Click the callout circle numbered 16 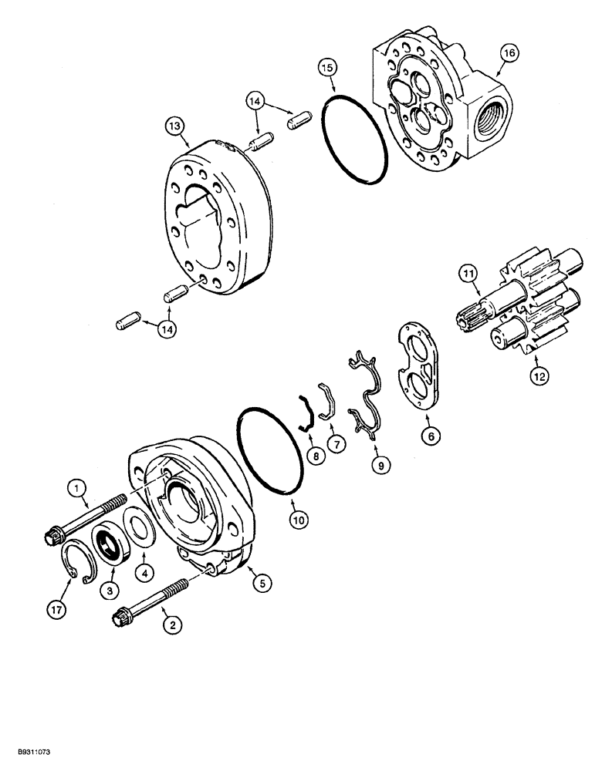509,53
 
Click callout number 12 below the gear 540,375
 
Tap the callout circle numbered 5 262,584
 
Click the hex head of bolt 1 59,533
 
